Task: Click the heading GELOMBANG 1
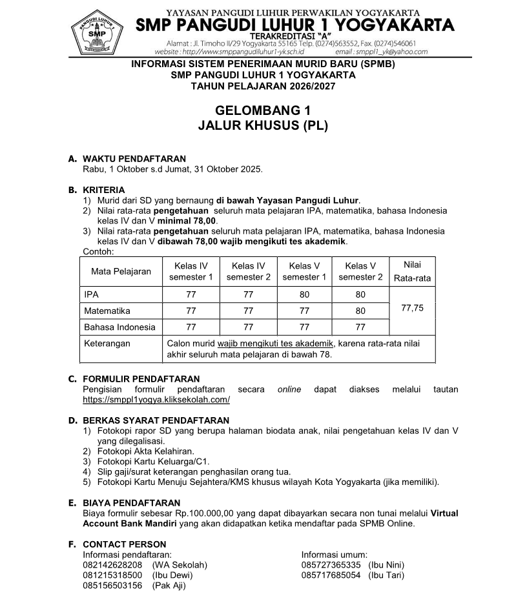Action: pos(263,110)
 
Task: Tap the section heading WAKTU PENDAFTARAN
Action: pos(134,159)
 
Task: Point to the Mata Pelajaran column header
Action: pos(121,271)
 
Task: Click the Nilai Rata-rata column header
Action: pos(412,271)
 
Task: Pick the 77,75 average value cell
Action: pos(412,309)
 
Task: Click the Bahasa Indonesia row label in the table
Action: pos(120,327)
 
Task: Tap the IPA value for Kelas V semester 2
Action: pos(360,294)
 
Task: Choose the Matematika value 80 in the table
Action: pos(360,311)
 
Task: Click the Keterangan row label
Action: pos(107,344)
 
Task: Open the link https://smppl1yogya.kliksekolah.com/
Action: pos(156,400)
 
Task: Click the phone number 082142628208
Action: pos(112,564)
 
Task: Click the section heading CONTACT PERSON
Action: pos(125,544)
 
